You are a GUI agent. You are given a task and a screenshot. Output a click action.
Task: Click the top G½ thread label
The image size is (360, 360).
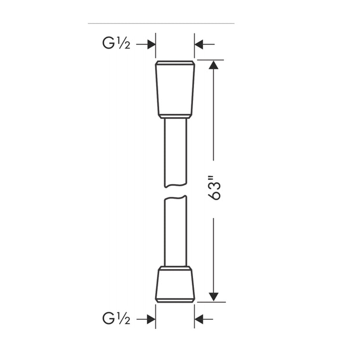[116, 44]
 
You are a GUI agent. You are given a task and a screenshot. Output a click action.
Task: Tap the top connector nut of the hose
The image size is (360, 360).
[175, 87]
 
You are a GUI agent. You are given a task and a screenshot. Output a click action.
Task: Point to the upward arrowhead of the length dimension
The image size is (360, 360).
[213, 65]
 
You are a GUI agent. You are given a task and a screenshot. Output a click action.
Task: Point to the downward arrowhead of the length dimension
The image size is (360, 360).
[213, 296]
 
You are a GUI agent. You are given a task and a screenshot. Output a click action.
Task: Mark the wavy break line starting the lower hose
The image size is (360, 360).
[175, 198]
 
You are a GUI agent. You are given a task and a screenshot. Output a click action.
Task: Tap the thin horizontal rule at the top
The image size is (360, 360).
[161, 23]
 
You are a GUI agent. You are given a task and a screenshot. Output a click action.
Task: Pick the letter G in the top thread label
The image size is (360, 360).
[108, 44]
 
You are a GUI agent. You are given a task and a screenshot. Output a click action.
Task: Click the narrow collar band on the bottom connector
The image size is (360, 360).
[175, 268]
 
